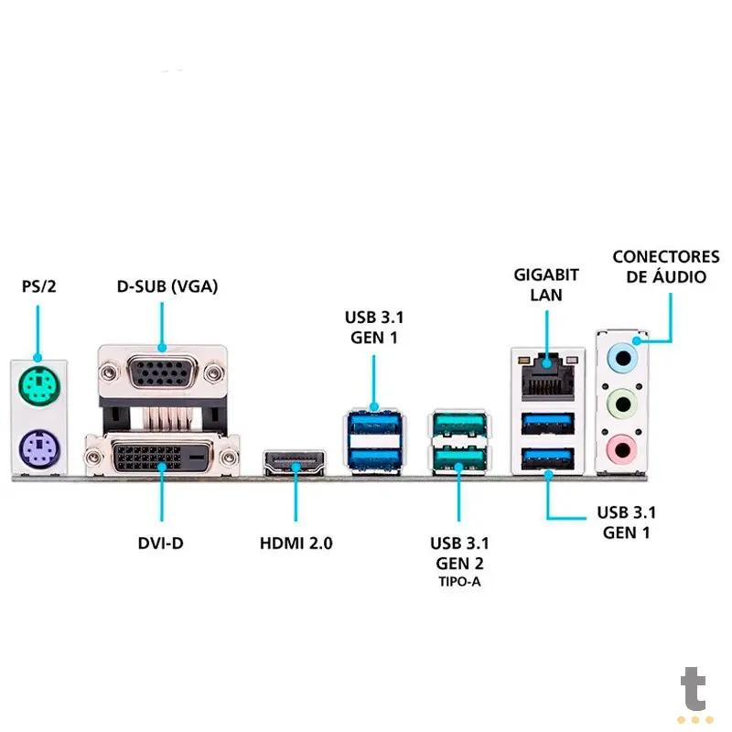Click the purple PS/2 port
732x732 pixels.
38,448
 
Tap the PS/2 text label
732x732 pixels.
39,286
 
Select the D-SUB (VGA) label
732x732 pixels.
167,286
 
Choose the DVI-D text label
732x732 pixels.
160,543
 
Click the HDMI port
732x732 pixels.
296,462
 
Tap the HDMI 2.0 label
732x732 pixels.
296,543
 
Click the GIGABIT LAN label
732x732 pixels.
545,284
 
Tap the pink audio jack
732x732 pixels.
623,448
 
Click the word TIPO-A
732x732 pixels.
457,581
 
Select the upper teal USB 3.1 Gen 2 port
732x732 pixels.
457,424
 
